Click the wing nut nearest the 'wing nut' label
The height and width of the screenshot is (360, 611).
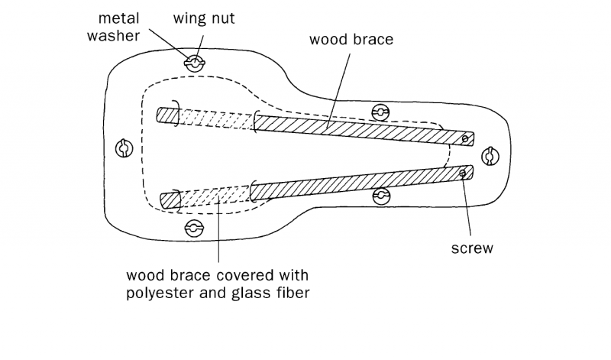(195, 63)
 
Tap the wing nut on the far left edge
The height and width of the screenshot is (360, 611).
(121, 148)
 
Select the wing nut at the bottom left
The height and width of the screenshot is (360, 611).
(194, 228)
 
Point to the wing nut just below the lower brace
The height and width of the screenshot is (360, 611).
(381, 196)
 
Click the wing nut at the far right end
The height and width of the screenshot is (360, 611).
(490, 156)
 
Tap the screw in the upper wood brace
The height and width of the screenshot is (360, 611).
(465, 138)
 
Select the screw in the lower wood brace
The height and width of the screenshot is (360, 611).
(462, 174)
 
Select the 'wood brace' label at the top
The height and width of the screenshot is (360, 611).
(351, 39)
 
